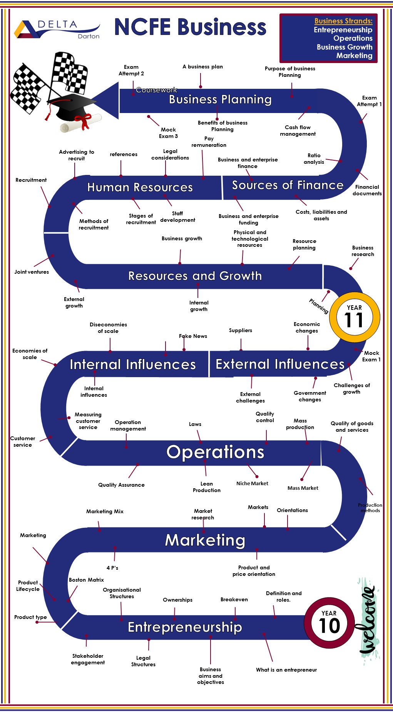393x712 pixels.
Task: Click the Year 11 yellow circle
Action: [354, 317]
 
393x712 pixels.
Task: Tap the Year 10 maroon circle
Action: [329, 622]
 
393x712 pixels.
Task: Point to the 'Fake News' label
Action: [193, 336]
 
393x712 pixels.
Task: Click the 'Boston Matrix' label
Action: [86, 580]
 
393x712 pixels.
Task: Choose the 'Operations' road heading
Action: [215, 452]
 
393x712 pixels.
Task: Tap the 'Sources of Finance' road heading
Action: [288, 185]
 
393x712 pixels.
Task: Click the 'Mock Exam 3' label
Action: [168, 133]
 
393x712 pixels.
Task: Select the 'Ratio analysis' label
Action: [314, 159]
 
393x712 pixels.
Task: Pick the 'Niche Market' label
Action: [252, 483]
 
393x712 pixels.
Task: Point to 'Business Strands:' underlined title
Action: [343, 21]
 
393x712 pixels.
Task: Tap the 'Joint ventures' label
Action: [32, 272]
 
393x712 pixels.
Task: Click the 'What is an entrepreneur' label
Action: [286, 670]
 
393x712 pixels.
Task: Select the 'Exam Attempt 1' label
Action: [369, 101]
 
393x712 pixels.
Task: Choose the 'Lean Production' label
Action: [207, 487]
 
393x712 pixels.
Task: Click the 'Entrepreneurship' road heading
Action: [185, 627]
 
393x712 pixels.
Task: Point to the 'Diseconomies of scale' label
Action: [108, 328]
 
